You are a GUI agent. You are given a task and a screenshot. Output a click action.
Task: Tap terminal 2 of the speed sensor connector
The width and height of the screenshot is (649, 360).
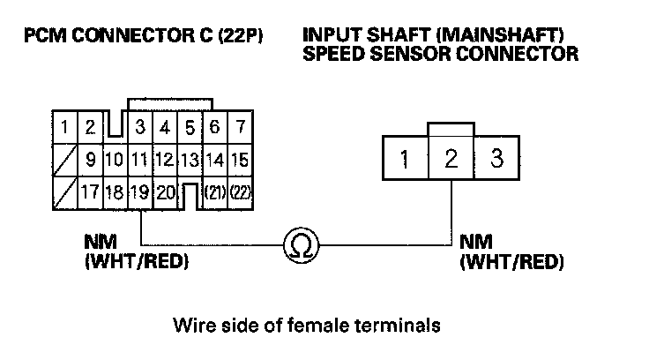click(451, 160)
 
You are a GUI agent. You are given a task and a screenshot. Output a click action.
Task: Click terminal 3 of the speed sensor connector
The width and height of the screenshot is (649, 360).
click(496, 160)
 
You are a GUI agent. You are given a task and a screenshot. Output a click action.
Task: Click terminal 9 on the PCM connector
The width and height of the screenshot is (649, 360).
click(90, 160)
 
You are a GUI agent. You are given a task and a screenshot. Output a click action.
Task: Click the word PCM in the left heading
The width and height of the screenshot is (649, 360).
click(46, 37)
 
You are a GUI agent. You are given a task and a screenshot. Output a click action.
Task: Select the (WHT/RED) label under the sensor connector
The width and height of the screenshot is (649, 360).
click(511, 263)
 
